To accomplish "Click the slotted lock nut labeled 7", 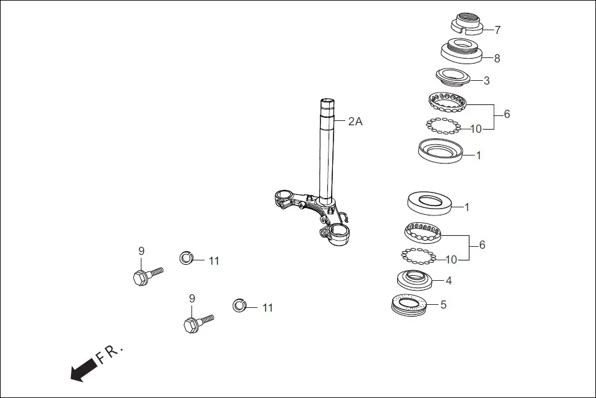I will click(466, 23).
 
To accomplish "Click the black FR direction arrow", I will click(83, 369).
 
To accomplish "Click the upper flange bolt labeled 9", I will click(144, 275).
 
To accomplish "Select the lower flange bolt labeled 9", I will click(195, 323).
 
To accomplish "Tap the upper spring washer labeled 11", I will click(187, 257).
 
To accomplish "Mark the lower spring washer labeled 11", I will click(240, 305).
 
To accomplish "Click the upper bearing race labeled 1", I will click(440, 151).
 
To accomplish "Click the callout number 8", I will click(497, 59).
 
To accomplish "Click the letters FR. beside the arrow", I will click(110, 354).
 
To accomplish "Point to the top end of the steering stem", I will click(328, 101).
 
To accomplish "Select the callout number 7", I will click(497, 30).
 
